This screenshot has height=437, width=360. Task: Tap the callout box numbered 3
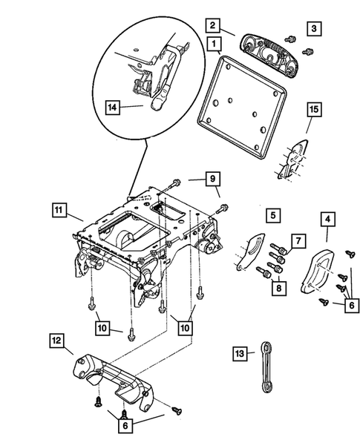tap(315, 28)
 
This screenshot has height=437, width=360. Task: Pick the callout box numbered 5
tap(274, 215)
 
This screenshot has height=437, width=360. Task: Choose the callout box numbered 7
tap(297, 240)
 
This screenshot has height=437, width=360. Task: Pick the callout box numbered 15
tap(314, 111)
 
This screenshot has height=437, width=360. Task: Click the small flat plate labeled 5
tap(250, 252)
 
